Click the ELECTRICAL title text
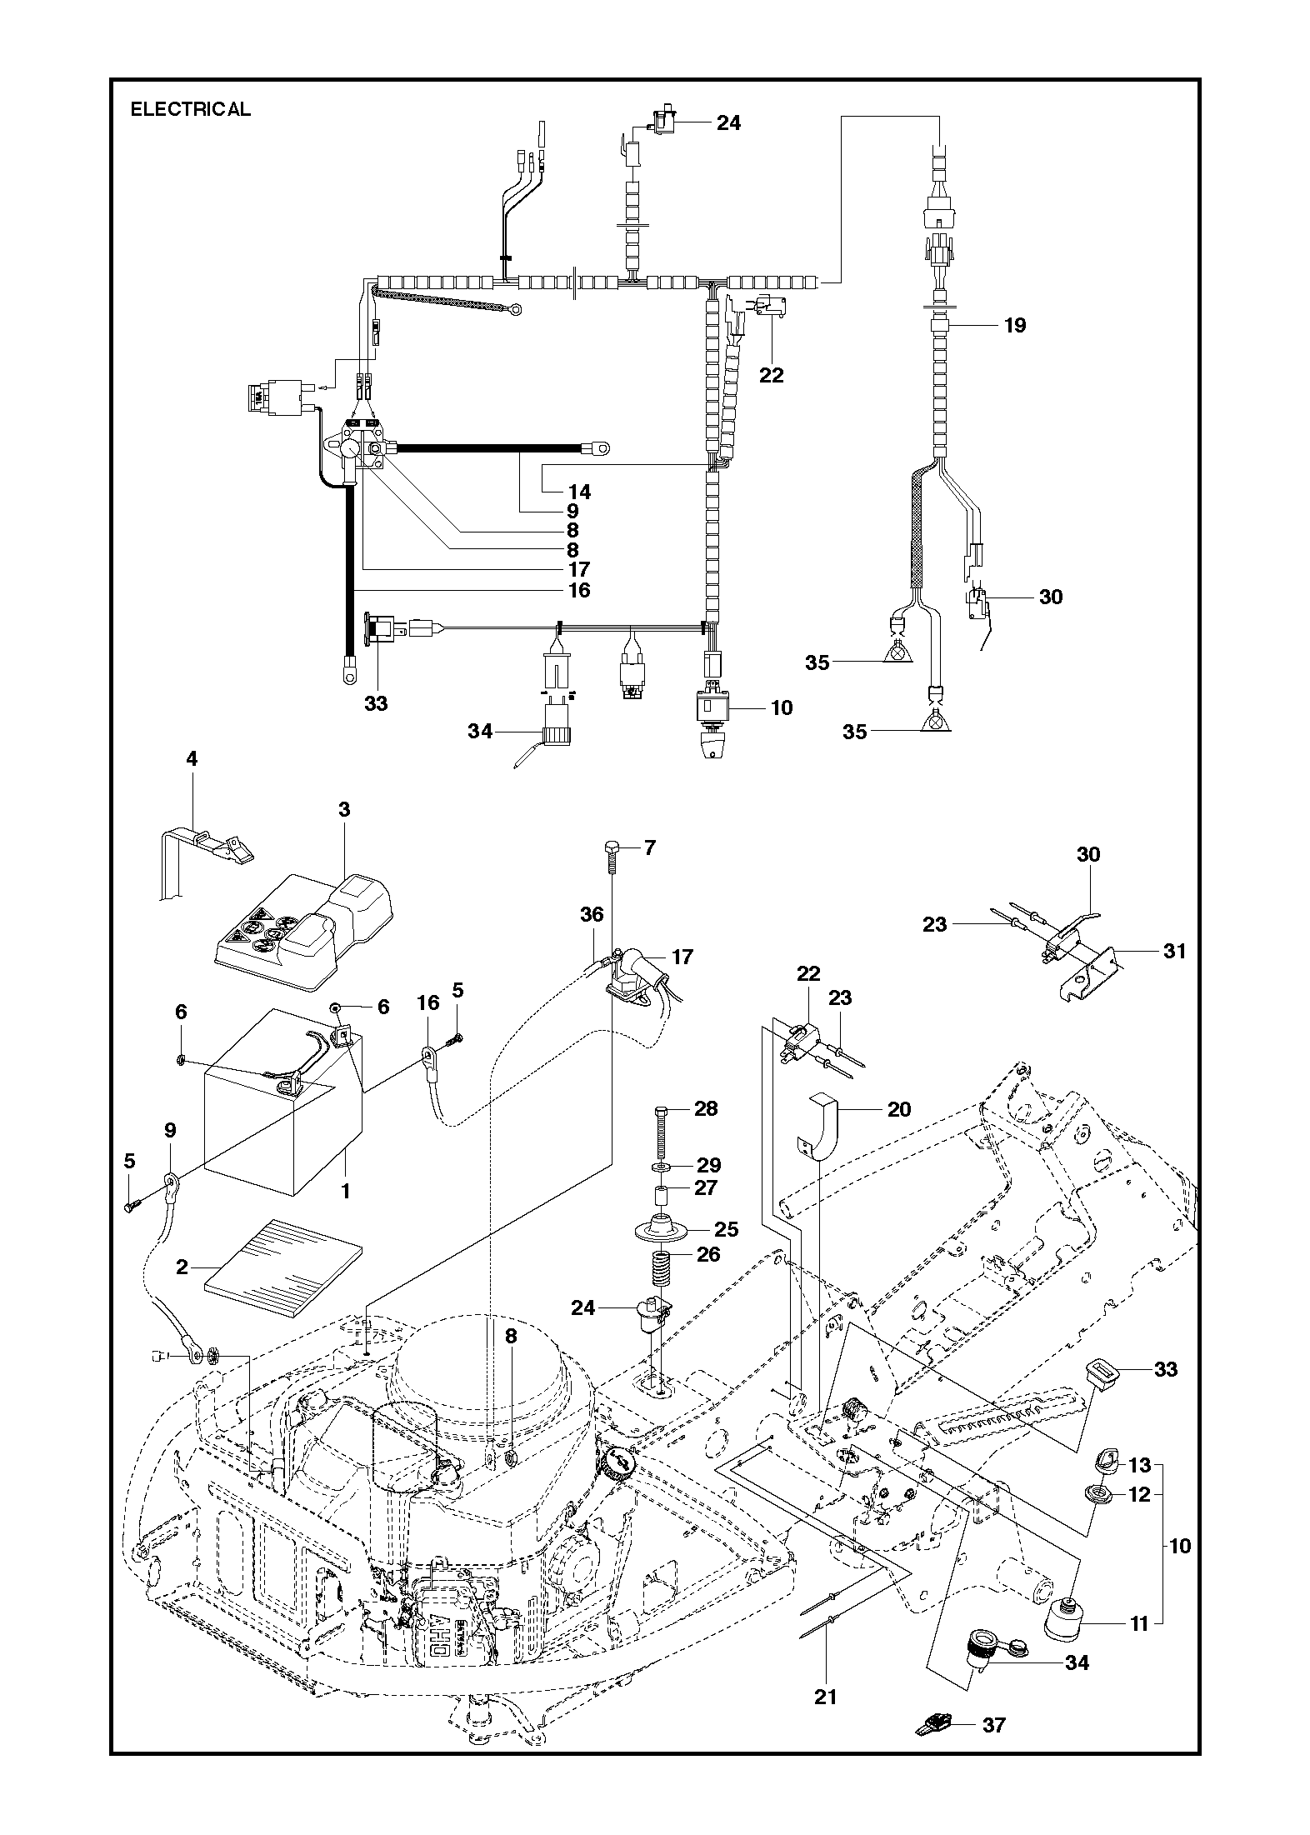pyautogui.click(x=190, y=109)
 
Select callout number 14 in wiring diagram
pyautogui.click(x=579, y=492)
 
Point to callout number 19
pyautogui.click(x=1014, y=325)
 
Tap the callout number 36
pyautogui.click(x=592, y=914)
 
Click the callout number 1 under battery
pyautogui.click(x=345, y=1191)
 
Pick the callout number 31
pyautogui.click(x=1173, y=950)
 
